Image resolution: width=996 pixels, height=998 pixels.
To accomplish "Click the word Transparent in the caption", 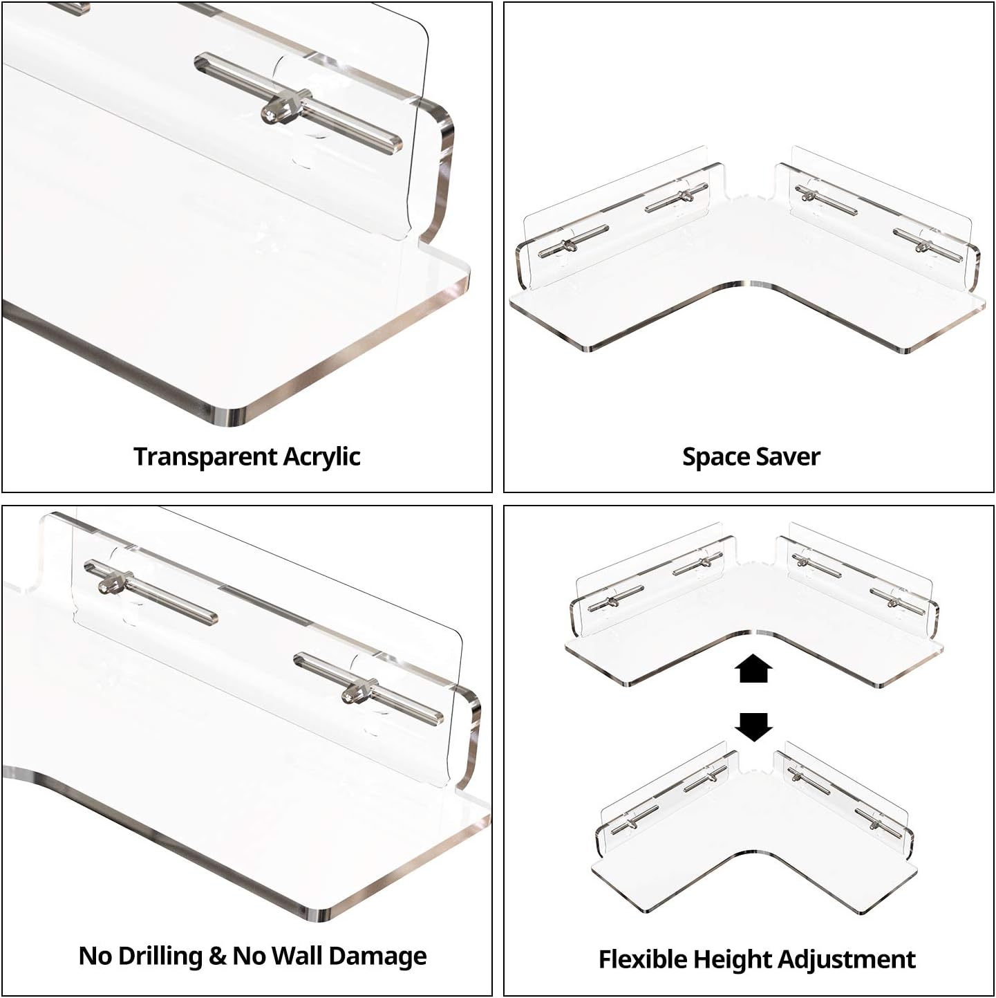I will pos(205,456).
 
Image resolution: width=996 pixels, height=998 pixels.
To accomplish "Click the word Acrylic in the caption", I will pos(321,456).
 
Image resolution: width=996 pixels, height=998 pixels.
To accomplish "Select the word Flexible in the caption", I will pos(643,959).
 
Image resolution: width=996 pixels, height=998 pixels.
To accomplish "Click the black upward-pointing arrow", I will pos(753,669).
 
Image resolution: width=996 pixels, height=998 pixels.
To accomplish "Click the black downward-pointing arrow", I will pos(753,726).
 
